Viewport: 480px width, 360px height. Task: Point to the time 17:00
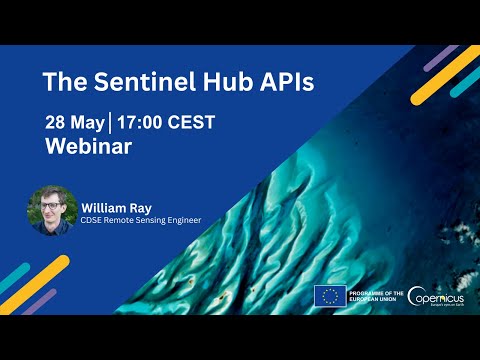(x=143, y=123)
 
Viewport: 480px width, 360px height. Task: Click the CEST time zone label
(x=194, y=123)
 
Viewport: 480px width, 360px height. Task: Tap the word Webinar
(x=89, y=146)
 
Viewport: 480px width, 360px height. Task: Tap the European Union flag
(x=330, y=295)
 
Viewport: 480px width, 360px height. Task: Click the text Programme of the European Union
(x=376, y=295)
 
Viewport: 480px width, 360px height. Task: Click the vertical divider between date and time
(x=111, y=123)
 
